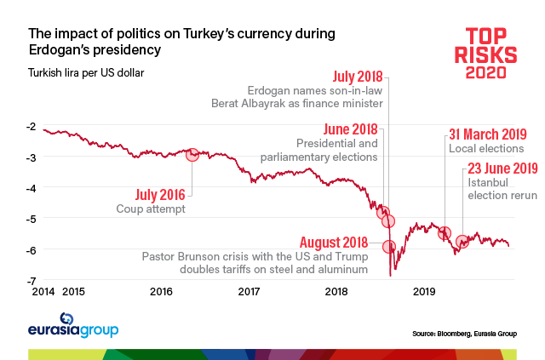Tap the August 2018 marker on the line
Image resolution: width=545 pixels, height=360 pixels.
point(389,247)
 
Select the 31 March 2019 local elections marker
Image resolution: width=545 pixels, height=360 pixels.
point(444,232)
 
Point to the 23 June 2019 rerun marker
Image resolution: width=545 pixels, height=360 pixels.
point(462,242)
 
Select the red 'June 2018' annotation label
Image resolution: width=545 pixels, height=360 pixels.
point(352,129)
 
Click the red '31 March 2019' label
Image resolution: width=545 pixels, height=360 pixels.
point(487,134)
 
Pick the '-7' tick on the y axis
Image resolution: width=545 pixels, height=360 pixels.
point(31,280)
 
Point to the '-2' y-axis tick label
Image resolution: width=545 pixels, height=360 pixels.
point(31,127)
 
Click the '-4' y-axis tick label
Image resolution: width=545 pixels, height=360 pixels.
point(31,188)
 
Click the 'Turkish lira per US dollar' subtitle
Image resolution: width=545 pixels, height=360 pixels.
point(86,72)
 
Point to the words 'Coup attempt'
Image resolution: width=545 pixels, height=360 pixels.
point(151,209)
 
